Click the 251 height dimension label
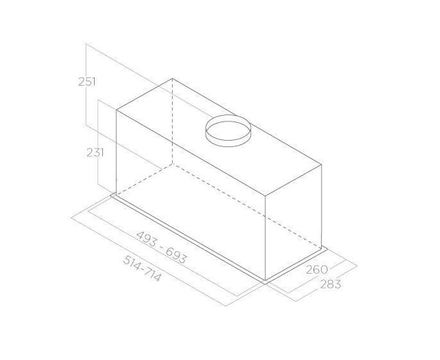87,82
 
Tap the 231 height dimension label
95,153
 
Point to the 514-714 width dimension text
143,269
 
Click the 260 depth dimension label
317,270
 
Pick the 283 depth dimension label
331,285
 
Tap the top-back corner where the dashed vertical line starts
172,79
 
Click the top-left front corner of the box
116,110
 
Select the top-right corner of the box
322,164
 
